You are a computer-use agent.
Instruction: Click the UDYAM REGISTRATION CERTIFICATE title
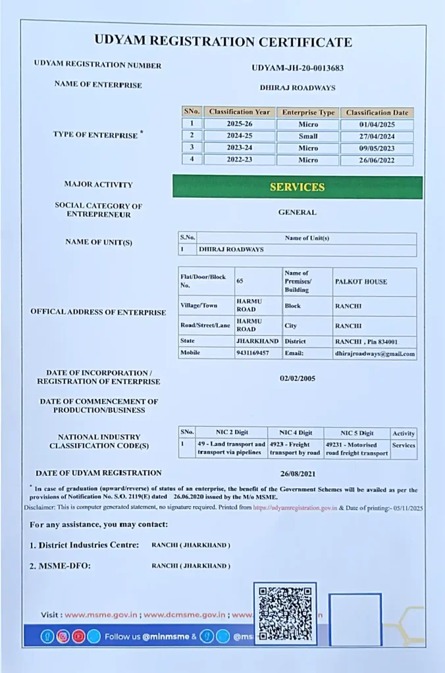222,42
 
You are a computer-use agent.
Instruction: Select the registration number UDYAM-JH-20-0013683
298,68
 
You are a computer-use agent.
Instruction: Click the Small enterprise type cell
307,136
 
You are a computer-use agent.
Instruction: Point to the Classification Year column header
239,112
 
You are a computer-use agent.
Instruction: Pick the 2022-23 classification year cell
239,160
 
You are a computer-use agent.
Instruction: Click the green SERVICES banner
297,187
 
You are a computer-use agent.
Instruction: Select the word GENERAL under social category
297,212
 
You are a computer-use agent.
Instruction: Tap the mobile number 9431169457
252,354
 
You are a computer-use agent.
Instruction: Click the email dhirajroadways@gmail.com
375,354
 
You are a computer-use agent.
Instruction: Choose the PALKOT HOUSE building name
361,281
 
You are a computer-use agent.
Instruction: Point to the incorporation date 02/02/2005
298,379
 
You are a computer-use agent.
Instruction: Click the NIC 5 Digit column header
357,433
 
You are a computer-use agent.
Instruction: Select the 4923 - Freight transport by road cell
295,449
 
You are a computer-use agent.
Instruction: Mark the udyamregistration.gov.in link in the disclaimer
295,508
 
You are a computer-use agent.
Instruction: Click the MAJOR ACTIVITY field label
98,185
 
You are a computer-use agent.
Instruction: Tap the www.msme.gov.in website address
101,615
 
